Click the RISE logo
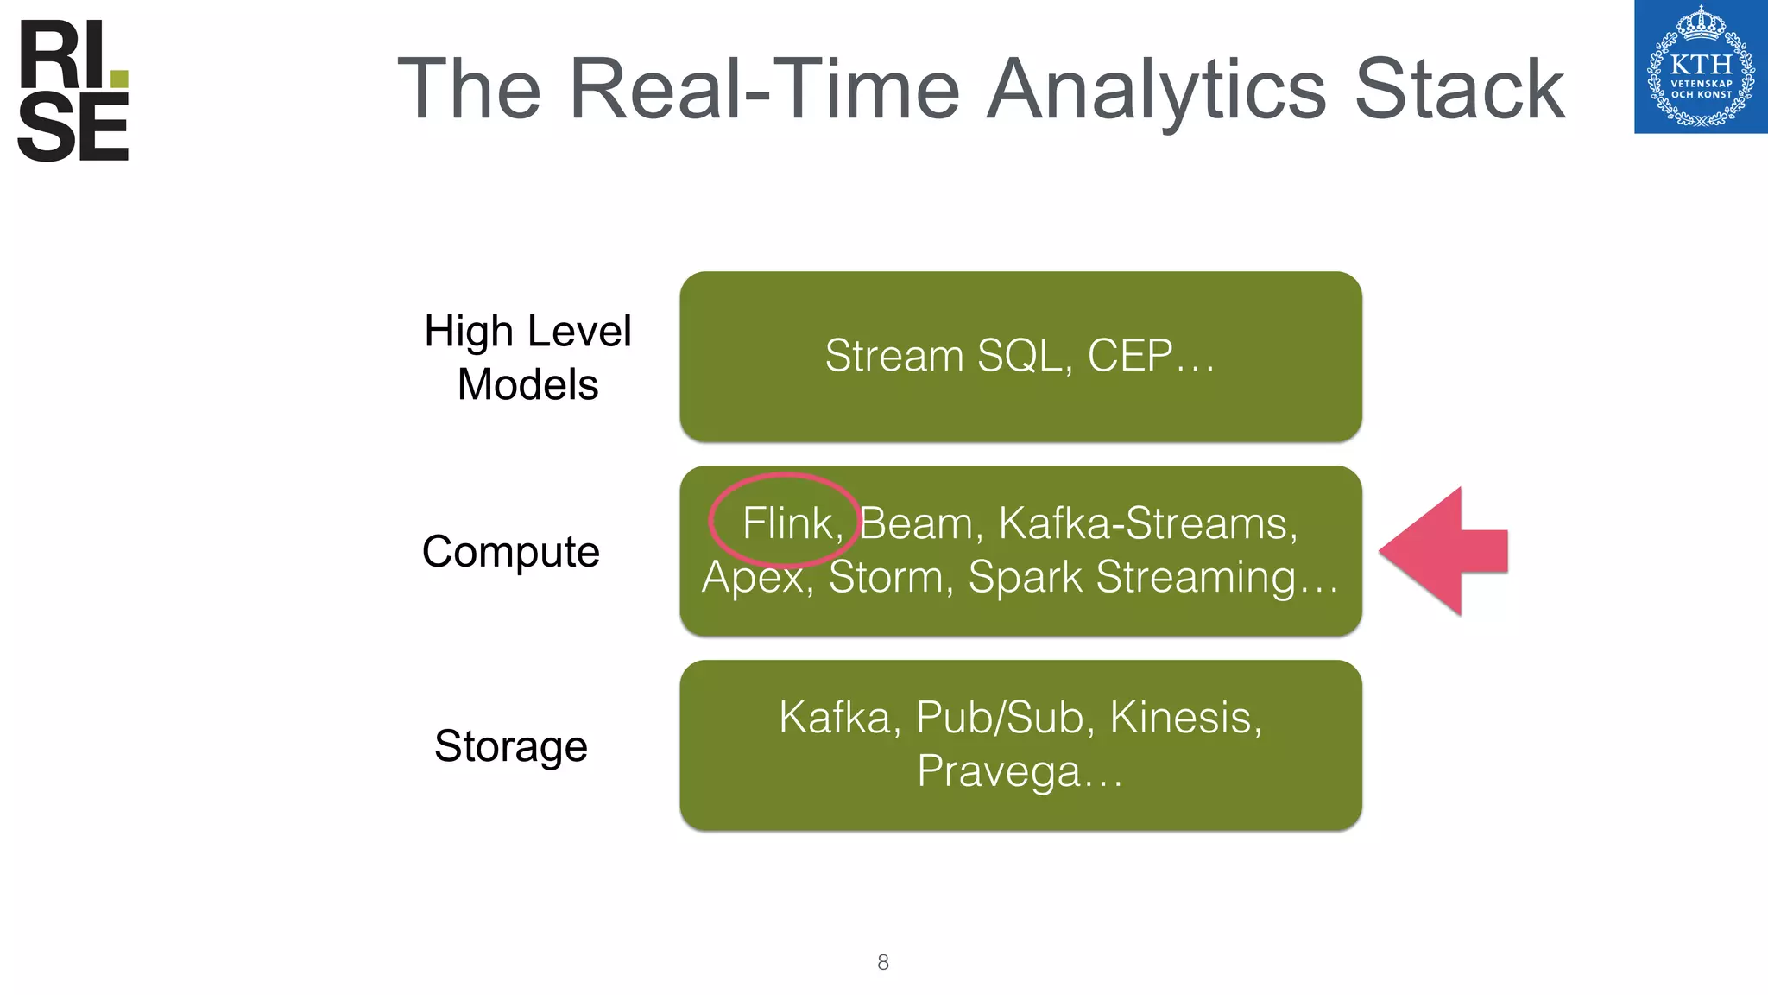coord(73,92)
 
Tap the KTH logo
coord(1700,67)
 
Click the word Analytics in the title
coord(1156,89)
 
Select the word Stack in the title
coord(1459,89)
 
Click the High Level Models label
coord(527,358)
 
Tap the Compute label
coord(510,551)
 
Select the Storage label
coord(510,745)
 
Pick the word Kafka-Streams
coord(1147,523)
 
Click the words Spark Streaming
coord(1131,577)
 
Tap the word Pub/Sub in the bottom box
coord(999,718)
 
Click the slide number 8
coord(882,962)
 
